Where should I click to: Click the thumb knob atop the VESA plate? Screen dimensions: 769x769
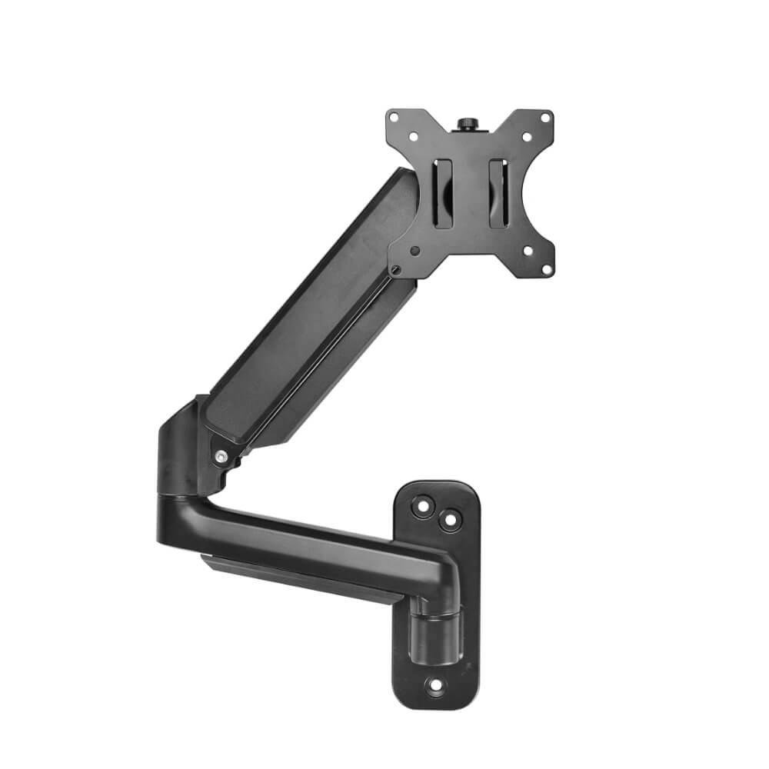point(466,123)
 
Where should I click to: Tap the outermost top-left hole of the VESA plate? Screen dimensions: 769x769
point(394,118)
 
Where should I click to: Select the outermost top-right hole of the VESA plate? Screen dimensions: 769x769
point(546,118)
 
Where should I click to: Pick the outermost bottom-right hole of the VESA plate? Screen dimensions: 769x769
point(546,268)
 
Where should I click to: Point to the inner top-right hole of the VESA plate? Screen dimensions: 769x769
point(527,137)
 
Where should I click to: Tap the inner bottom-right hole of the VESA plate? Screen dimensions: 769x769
point(527,249)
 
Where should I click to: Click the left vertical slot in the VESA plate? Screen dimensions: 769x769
point(443,192)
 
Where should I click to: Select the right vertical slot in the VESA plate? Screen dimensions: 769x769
point(497,192)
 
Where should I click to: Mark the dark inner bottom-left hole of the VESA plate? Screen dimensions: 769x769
point(414,250)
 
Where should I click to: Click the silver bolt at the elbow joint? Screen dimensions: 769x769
point(221,457)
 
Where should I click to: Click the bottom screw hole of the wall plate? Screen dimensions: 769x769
point(435,684)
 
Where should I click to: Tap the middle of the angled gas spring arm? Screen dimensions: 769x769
point(308,323)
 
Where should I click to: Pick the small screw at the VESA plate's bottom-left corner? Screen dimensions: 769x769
point(395,269)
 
